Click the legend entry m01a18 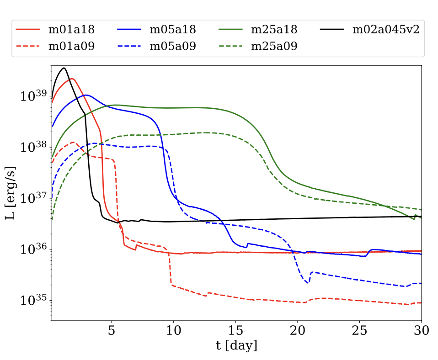(71, 30)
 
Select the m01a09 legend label (71, 46)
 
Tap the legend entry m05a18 (173, 30)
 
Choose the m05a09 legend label (173, 46)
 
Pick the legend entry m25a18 (275, 30)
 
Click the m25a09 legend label (275, 46)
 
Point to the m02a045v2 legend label (386, 30)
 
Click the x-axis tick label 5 (112, 331)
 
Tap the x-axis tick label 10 (173, 331)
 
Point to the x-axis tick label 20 (297, 331)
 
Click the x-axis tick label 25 (359, 331)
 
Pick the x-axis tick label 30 (421, 331)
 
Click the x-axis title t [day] (236, 346)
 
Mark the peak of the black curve (64, 68)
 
